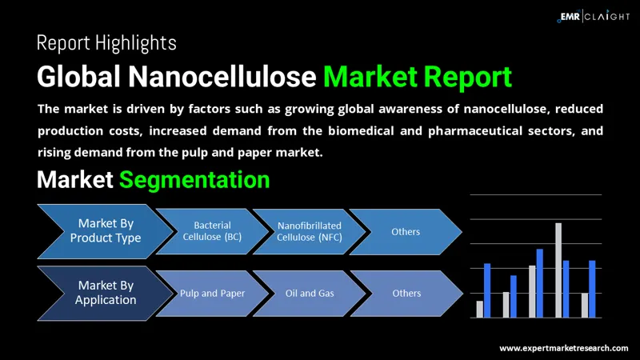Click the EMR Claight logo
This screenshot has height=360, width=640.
point(594,16)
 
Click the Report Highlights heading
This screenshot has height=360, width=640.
point(106,43)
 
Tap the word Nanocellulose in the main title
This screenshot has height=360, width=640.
point(222,76)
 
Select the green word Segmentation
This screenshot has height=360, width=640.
point(194,179)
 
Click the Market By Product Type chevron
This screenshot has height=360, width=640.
point(106,231)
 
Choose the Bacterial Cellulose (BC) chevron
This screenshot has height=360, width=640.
point(212,231)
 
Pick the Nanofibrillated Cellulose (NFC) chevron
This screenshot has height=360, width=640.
point(310,231)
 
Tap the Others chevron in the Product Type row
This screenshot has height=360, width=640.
point(406,231)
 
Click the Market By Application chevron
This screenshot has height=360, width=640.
point(106,293)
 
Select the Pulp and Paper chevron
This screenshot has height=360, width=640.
point(212,293)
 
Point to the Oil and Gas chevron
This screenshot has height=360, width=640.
point(310,293)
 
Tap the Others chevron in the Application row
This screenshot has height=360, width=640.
point(406,293)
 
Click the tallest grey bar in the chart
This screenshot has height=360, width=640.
point(558,270)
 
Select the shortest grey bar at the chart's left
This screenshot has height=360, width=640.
point(479,310)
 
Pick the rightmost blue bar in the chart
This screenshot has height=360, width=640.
point(592,289)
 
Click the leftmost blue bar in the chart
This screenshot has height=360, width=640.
point(487,290)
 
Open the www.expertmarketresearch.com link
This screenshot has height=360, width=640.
point(564,348)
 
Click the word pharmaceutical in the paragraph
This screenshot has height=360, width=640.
point(475,130)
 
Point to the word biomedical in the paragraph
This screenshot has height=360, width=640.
point(361,130)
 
